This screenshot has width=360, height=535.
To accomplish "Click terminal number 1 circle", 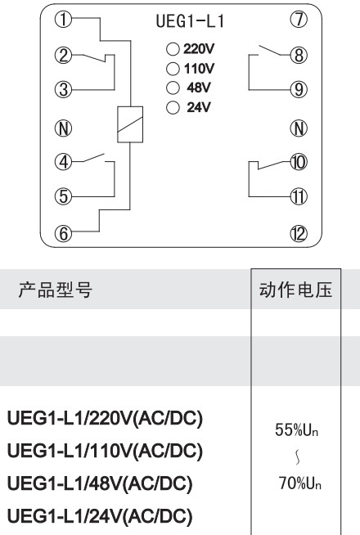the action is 64,20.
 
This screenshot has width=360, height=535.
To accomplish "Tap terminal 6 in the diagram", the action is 64,233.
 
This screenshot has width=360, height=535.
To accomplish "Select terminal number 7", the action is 299,20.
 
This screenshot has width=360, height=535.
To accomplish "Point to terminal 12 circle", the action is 299,233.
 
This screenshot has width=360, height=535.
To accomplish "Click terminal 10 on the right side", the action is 299,162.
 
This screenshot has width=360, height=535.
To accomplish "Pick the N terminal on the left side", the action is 64,128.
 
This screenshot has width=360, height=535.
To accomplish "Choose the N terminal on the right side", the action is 299,128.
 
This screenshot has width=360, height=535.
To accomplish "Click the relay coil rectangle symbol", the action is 130,124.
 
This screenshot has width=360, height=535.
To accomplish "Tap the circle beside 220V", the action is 173,49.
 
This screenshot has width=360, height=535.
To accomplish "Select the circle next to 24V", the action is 173,107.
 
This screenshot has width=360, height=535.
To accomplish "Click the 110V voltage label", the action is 200,69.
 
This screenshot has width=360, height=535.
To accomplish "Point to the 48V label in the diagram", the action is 199,88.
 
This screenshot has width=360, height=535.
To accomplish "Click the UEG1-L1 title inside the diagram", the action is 190,21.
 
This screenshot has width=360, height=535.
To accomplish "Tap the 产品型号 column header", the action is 56,290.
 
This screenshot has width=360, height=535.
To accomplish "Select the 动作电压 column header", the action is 295,290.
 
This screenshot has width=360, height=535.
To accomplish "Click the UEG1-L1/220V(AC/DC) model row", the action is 105,418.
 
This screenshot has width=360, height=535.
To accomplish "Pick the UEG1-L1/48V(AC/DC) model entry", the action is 100,483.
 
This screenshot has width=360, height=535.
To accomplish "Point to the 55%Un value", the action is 296,429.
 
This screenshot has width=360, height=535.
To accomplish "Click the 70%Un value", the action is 300,483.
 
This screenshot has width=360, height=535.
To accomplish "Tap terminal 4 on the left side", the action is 64,162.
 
